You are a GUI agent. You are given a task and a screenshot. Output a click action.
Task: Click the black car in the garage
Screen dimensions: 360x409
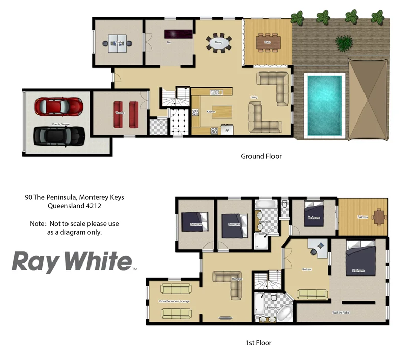[59, 135]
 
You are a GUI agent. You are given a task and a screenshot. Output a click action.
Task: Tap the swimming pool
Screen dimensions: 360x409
[325, 105]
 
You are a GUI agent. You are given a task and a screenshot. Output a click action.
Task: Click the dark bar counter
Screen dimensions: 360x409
[178, 34]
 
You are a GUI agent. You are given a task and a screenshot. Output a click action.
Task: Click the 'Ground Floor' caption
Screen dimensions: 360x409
[261, 156]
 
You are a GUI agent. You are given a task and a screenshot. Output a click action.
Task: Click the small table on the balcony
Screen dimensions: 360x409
[379, 217]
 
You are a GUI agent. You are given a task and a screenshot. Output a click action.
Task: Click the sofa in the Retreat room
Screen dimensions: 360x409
[312, 294]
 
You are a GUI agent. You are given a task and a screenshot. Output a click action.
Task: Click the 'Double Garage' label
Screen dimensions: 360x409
[60, 124]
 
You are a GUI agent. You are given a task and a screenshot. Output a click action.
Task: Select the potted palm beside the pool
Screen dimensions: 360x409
[342, 41]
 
